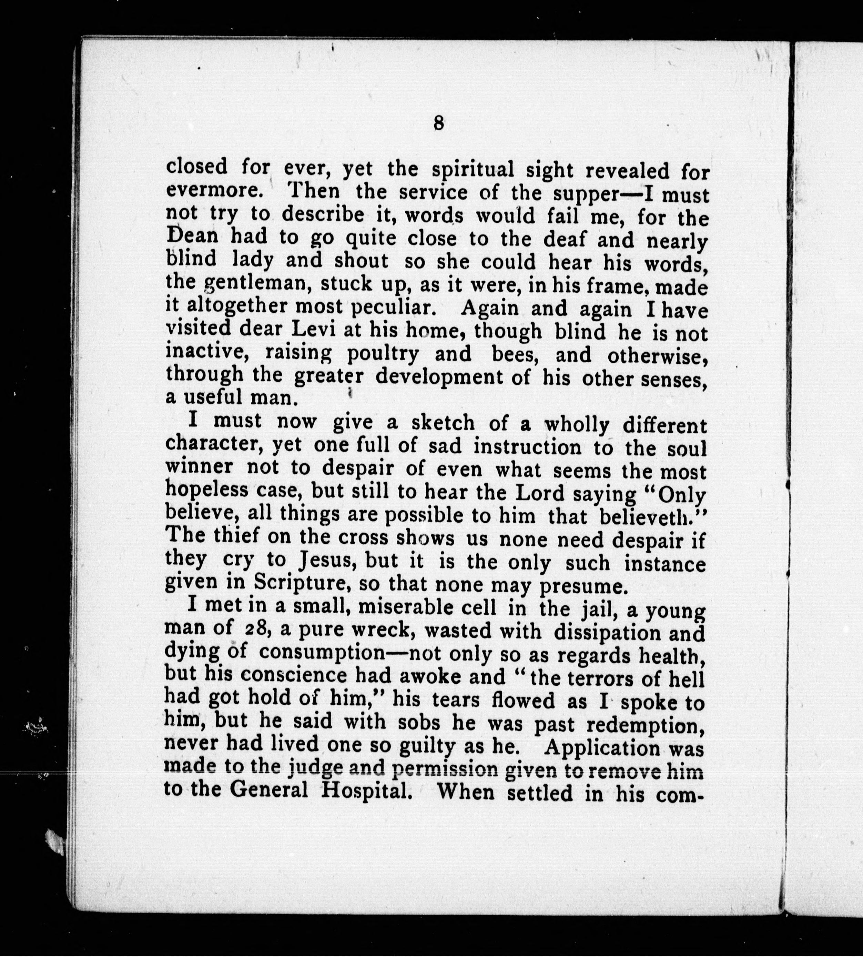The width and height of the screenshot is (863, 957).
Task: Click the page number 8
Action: pyautogui.click(x=438, y=124)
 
